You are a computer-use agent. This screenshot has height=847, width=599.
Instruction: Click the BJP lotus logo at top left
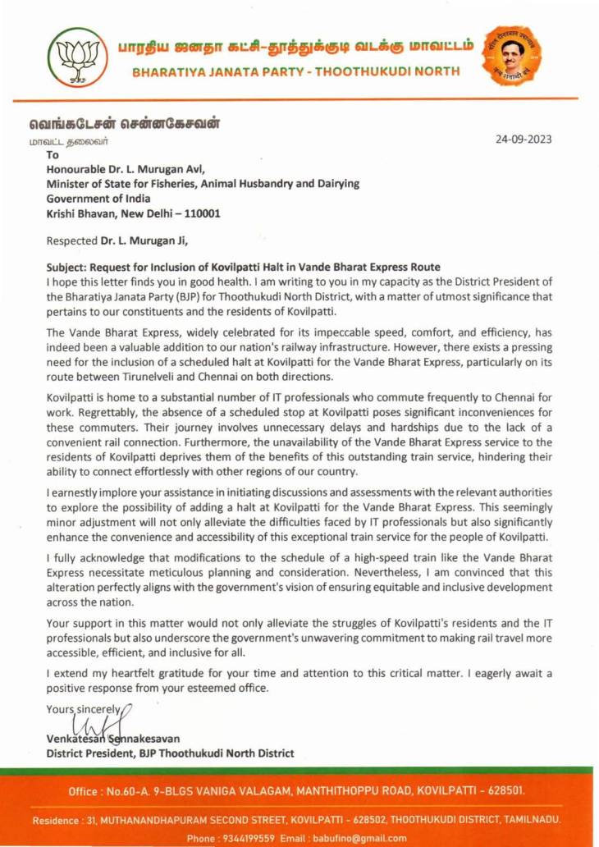tap(77, 57)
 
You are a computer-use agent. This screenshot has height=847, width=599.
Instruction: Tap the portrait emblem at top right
tap(512, 55)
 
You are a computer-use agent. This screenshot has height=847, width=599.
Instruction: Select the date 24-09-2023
tap(524, 140)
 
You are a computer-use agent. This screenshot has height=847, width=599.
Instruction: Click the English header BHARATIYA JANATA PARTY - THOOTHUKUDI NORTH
tap(296, 71)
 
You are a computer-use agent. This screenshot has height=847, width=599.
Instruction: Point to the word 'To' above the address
tap(53, 154)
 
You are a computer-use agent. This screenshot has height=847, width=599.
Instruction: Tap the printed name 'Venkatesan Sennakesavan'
tap(113, 739)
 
